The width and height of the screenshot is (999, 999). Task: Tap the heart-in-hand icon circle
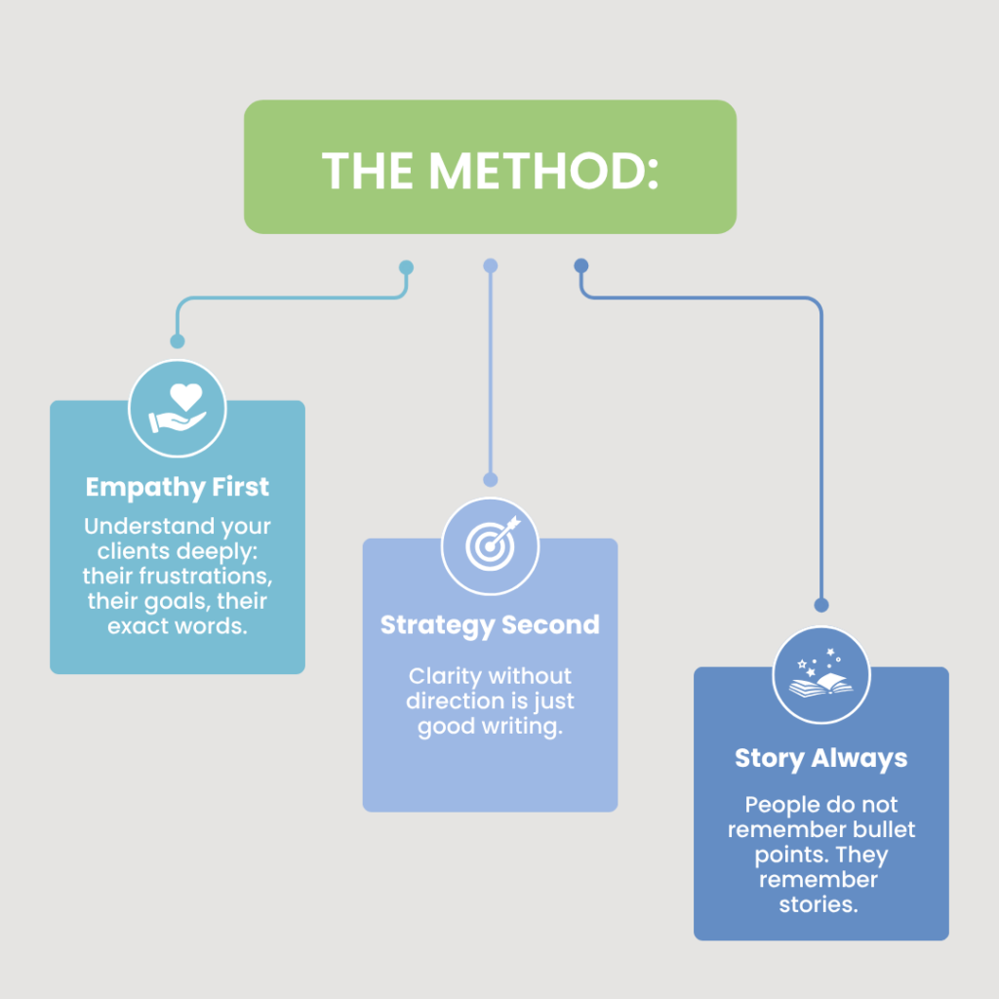click(178, 409)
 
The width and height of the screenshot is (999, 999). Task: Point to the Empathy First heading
click(178, 487)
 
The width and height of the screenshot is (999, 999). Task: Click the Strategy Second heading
click(490, 624)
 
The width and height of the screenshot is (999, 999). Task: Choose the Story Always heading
click(820, 758)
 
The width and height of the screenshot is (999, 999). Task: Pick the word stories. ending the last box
click(820, 904)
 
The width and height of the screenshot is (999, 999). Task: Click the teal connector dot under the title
click(407, 267)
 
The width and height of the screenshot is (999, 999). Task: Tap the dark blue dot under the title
click(581, 265)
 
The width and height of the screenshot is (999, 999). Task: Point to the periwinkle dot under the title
click(491, 266)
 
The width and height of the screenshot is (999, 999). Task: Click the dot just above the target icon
click(491, 479)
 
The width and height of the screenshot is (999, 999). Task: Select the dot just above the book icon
click(820, 604)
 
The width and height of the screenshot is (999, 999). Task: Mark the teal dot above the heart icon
click(178, 341)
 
